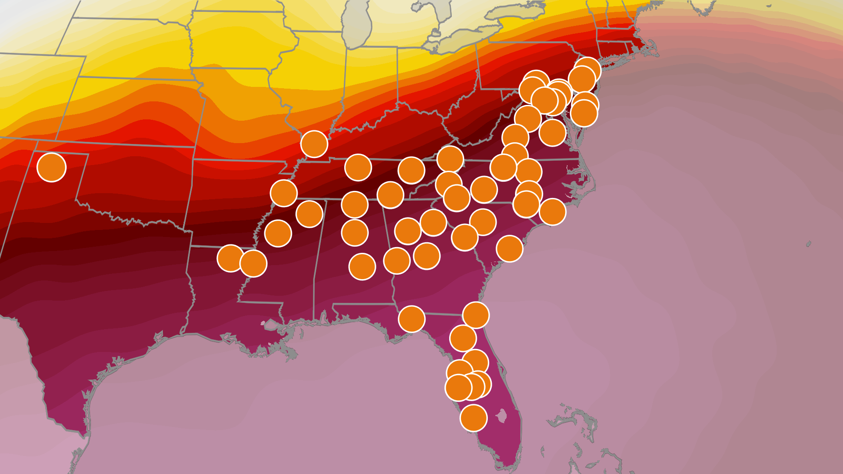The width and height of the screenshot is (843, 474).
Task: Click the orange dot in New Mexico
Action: (51, 167)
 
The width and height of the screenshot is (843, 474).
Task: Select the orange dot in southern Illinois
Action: (314, 144)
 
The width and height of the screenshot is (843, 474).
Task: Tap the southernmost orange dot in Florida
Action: (473, 418)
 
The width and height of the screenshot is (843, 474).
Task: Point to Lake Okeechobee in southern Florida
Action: (501, 415)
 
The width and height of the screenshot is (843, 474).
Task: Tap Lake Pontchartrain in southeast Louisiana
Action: (270, 325)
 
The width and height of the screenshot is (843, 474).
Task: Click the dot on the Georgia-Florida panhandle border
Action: (411, 319)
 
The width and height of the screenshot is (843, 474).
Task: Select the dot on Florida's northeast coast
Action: (476, 315)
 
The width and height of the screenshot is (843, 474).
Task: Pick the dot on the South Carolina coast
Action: (509, 248)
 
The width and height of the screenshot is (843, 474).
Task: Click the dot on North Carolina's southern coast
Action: (552, 212)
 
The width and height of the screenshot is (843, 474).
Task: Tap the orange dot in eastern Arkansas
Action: (284, 193)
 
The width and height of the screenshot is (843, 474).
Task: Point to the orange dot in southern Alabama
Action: (362, 266)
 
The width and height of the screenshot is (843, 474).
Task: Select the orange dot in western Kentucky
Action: (358, 167)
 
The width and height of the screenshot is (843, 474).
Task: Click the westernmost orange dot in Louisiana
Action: (231, 258)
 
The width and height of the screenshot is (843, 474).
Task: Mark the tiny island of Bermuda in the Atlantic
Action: (808, 244)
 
